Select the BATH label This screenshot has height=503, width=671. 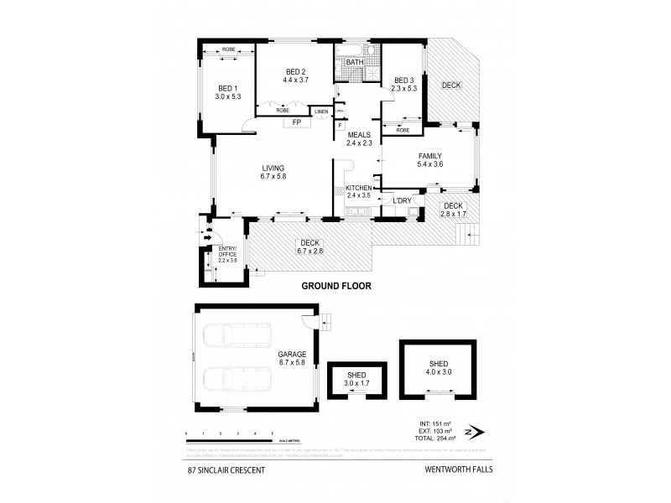point(355,62)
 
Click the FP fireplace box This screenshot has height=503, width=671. point(297,122)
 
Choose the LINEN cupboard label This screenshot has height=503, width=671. point(322,111)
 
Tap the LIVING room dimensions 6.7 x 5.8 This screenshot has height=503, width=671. point(273,177)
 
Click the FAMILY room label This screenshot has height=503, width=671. point(430,155)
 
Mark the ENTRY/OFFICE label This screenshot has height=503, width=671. point(227,251)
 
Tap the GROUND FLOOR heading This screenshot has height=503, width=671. point(336,285)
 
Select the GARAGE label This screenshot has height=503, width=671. point(292,355)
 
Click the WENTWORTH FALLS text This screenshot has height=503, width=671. point(446,469)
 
